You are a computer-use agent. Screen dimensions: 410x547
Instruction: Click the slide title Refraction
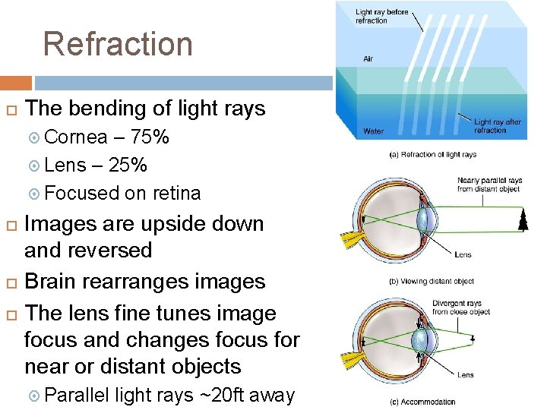click(118, 44)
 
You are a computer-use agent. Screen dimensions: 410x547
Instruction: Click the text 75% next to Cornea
click(150, 137)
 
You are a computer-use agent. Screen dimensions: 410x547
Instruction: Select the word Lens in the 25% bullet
click(65, 166)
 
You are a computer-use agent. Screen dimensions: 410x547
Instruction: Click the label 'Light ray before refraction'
click(381, 16)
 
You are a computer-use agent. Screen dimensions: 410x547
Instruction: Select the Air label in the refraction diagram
click(368, 58)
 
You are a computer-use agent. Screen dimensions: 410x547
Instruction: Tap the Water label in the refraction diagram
click(373, 131)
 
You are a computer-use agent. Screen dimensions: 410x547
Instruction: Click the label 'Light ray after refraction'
click(498, 125)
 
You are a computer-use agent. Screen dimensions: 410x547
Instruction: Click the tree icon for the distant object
click(523, 221)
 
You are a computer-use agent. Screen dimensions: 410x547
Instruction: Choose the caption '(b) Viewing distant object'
click(431, 282)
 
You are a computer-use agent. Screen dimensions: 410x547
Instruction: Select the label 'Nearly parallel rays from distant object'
click(489, 184)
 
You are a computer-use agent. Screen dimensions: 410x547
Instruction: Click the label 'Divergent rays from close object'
click(460, 308)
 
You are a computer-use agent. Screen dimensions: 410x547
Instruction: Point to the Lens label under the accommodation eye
click(465, 374)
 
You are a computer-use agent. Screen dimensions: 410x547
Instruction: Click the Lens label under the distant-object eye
click(462, 254)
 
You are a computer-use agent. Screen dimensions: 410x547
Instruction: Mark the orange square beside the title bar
click(15, 83)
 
